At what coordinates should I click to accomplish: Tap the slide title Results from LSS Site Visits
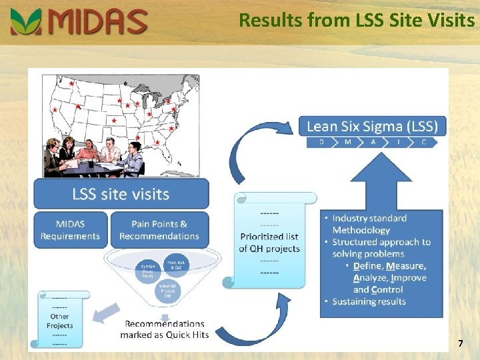[357, 20]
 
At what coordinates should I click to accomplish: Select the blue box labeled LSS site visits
[121, 194]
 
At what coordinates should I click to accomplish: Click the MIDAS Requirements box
[70, 230]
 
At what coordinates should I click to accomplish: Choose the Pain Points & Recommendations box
[159, 230]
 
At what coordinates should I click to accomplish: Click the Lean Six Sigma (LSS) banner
[372, 126]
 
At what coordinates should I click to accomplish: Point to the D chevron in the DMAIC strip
[321, 142]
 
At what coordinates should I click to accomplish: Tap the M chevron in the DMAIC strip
[347, 142]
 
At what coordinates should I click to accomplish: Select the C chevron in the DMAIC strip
[423, 142]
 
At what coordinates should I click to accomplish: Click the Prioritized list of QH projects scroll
[270, 242]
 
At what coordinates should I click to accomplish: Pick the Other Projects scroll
[59, 321]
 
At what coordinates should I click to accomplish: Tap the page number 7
[460, 343]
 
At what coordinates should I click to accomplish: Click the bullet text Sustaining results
[369, 302]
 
